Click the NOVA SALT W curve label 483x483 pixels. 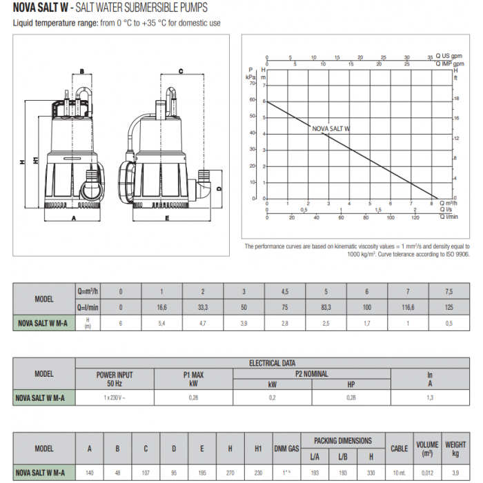pyautogui.click(x=331, y=128)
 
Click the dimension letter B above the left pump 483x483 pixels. pyautogui.click(x=81, y=71)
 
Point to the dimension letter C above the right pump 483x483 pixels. pyautogui.click(x=180, y=71)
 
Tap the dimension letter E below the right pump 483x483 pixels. pyautogui.click(x=167, y=219)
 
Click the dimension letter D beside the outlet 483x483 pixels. pyautogui.click(x=219, y=188)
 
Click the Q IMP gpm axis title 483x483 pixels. pyautogui.click(x=449, y=64)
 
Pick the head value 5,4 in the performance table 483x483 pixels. pyautogui.click(x=161, y=322)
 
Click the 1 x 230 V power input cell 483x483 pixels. pyautogui.click(x=115, y=398)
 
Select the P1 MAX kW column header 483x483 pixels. pyautogui.click(x=194, y=379)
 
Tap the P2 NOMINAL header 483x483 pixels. pyautogui.click(x=312, y=374)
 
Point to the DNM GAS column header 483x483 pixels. pyautogui.click(x=286, y=448)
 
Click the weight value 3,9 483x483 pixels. pyautogui.click(x=455, y=473)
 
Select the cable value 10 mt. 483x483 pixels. pyautogui.click(x=399, y=473)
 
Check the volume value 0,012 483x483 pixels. pyautogui.click(x=427, y=473)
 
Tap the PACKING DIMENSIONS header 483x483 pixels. pyautogui.click(x=343, y=440)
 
